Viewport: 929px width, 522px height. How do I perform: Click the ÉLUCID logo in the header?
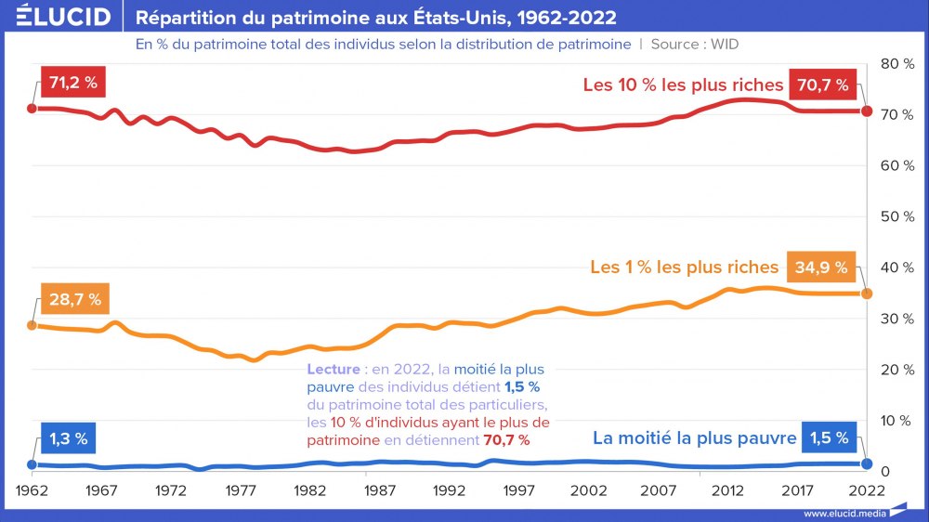click(64, 18)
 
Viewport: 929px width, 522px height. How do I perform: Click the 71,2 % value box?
click(73, 82)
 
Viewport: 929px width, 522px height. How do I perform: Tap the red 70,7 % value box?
click(822, 85)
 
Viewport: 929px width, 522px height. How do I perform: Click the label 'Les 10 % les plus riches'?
click(683, 85)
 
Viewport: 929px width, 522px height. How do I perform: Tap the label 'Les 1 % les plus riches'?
click(685, 268)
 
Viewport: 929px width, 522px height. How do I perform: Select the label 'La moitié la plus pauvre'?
click(695, 438)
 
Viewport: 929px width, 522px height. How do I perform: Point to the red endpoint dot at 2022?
click(867, 111)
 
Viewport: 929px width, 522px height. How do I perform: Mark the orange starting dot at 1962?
click(33, 325)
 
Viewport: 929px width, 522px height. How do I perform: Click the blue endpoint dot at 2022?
click(867, 463)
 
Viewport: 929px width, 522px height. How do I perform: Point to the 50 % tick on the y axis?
click(896, 216)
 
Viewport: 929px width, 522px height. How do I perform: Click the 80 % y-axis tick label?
click(896, 64)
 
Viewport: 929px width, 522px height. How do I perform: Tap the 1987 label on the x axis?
click(379, 489)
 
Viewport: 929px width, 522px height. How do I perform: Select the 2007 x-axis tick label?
click(658, 489)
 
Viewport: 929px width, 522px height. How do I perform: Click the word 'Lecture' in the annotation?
click(332, 369)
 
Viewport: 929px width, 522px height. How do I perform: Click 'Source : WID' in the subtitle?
click(695, 44)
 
